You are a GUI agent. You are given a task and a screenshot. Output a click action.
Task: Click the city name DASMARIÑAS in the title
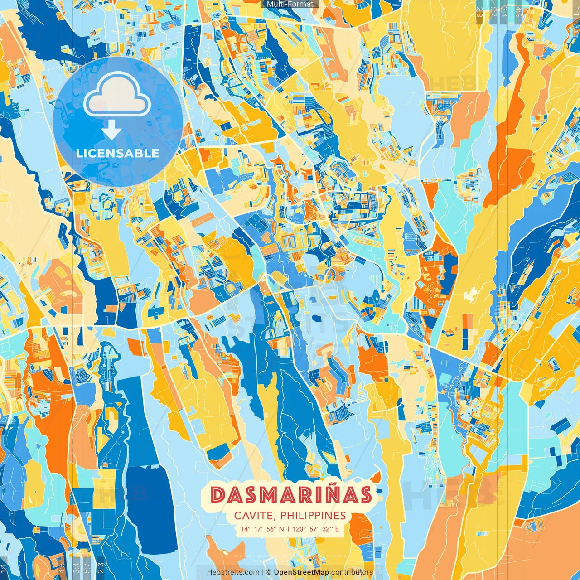[291, 495]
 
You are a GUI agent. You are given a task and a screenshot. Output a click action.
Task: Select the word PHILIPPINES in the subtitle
[313, 516]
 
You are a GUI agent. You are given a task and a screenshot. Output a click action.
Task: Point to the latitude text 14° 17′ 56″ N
[262, 529]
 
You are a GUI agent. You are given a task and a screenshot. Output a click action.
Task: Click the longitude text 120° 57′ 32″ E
[316, 529]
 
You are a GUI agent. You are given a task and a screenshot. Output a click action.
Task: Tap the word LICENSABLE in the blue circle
[118, 153]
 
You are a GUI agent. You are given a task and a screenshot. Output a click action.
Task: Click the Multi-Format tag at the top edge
[290, 4]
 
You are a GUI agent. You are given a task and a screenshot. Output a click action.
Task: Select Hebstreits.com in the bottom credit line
[233, 572]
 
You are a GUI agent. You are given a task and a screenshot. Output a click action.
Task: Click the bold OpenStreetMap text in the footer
[301, 572]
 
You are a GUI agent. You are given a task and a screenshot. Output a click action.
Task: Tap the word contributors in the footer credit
[352, 572]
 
